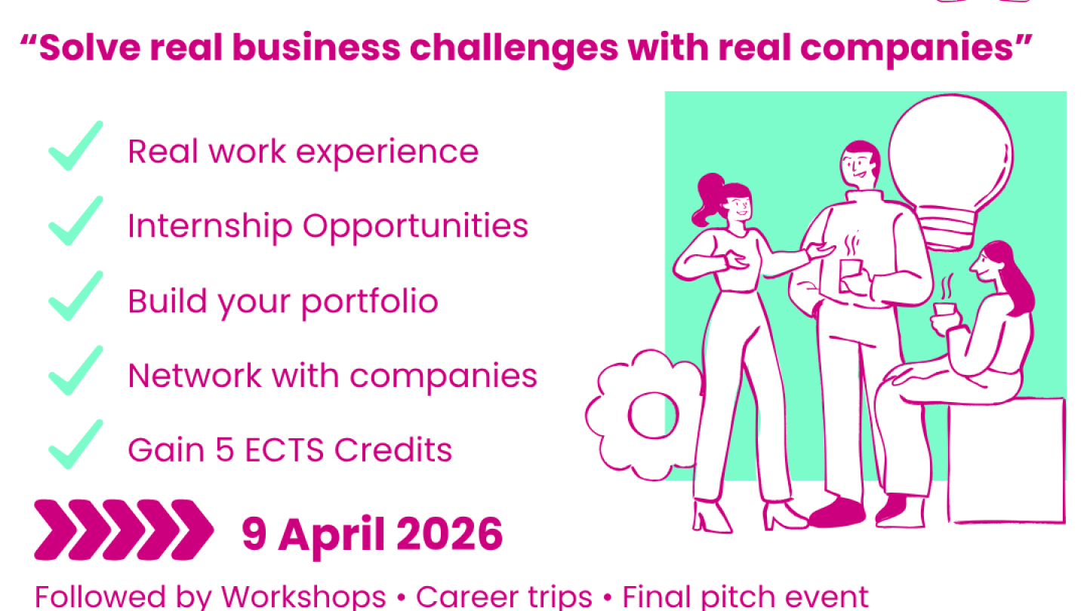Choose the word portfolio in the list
pyautogui.click(x=370, y=302)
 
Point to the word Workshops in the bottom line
pyautogui.click(x=304, y=596)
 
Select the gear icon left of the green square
pyautogui.click(x=643, y=416)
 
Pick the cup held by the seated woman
pyautogui.click(x=944, y=310)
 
